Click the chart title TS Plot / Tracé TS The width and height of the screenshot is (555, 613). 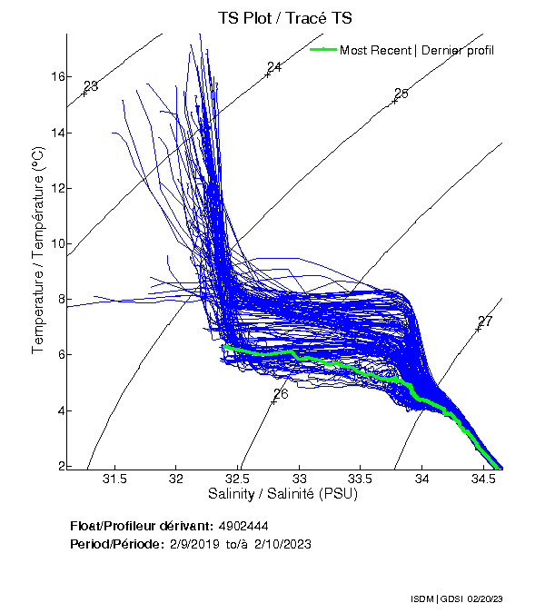pos(285,18)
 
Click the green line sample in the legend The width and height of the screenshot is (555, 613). pos(323,50)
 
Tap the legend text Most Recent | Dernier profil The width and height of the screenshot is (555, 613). pos(416,50)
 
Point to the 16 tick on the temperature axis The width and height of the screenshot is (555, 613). pos(57,77)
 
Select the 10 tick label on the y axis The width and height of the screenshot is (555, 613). pos(57,243)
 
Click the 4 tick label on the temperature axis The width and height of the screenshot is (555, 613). pos(60,410)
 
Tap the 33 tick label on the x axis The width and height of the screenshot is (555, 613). pos(300,479)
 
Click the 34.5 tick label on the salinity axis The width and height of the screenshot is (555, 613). pos(482,479)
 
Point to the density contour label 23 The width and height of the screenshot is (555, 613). pos(91,86)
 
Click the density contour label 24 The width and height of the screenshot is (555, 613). pos(274,67)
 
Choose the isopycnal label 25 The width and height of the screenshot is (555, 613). pos(401,94)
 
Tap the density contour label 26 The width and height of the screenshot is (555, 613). pos(281,394)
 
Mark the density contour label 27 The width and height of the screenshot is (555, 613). pos(485,321)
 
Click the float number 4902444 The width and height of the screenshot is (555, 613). pos(243,527)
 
